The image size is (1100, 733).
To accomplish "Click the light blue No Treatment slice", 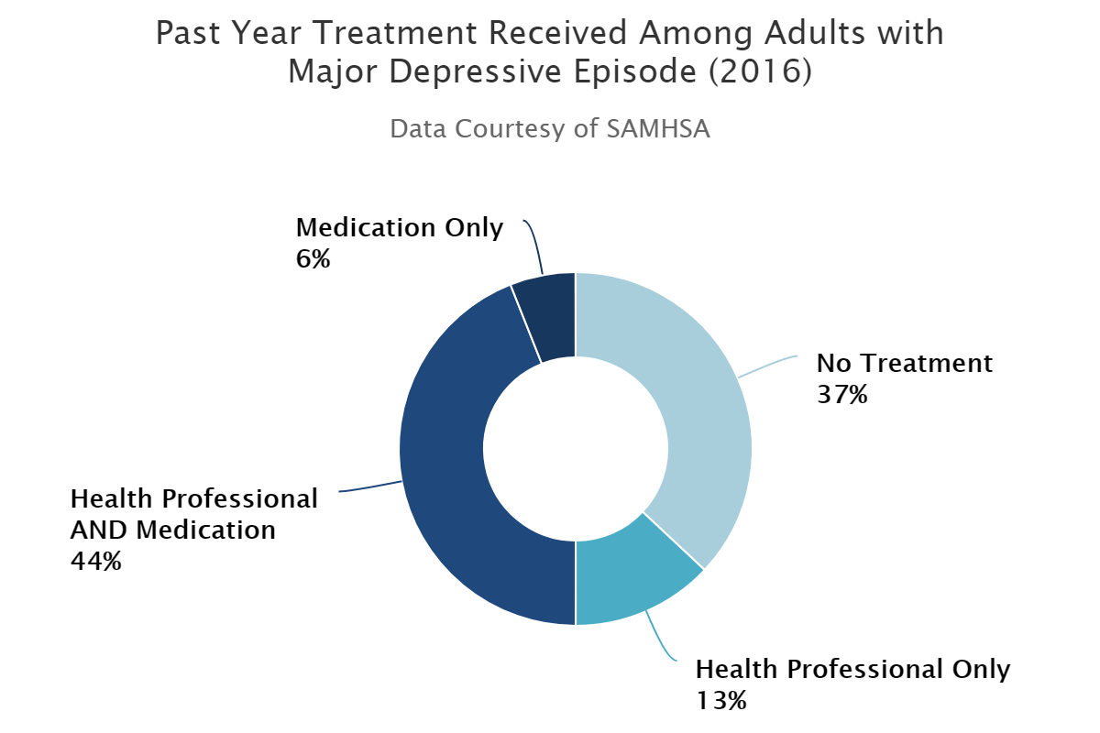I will click(697, 403).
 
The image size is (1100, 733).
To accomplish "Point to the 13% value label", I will click(721, 701).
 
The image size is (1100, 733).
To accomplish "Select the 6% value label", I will click(313, 259).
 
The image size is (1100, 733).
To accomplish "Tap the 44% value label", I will click(95, 561).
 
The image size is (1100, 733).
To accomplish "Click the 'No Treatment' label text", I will click(904, 364).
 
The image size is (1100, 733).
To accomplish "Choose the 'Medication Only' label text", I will click(400, 227).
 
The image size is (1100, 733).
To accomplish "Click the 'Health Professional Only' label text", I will click(852, 669).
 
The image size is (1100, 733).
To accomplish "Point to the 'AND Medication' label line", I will click(172, 530).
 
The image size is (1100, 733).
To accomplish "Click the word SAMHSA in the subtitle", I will click(658, 128).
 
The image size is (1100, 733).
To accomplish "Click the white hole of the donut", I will click(576, 449).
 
